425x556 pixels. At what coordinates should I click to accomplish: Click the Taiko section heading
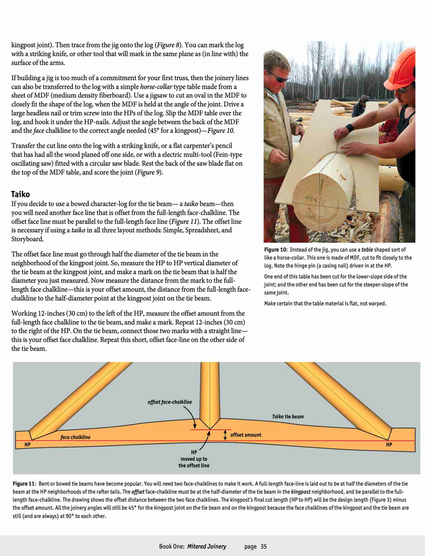pyautogui.click(x=20, y=194)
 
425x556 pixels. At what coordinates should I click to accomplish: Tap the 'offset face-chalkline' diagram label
pyautogui.click(x=169, y=402)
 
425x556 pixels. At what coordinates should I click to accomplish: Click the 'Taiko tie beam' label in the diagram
pyautogui.click(x=288, y=416)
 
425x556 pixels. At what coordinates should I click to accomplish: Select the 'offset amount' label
pyautogui.click(x=246, y=435)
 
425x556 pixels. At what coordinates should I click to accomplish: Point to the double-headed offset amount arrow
pyautogui.click(x=225, y=435)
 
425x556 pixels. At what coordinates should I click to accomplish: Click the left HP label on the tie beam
pyautogui.click(x=27, y=445)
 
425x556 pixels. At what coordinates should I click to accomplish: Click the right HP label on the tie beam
pyautogui.click(x=389, y=445)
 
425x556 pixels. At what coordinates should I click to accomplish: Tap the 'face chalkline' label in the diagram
pyautogui.click(x=75, y=437)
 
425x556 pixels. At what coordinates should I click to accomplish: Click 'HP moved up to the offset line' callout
pyautogui.click(x=194, y=459)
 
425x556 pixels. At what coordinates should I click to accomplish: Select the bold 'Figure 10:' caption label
pyautogui.click(x=276, y=250)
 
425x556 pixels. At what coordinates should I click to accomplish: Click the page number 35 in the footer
pyautogui.click(x=263, y=546)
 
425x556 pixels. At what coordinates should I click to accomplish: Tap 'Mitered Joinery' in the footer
pyautogui.click(x=207, y=546)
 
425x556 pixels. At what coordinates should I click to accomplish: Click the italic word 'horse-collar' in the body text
pyautogui.click(x=156, y=87)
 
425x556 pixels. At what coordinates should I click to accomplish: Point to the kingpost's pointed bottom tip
pyautogui.click(x=210, y=429)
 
